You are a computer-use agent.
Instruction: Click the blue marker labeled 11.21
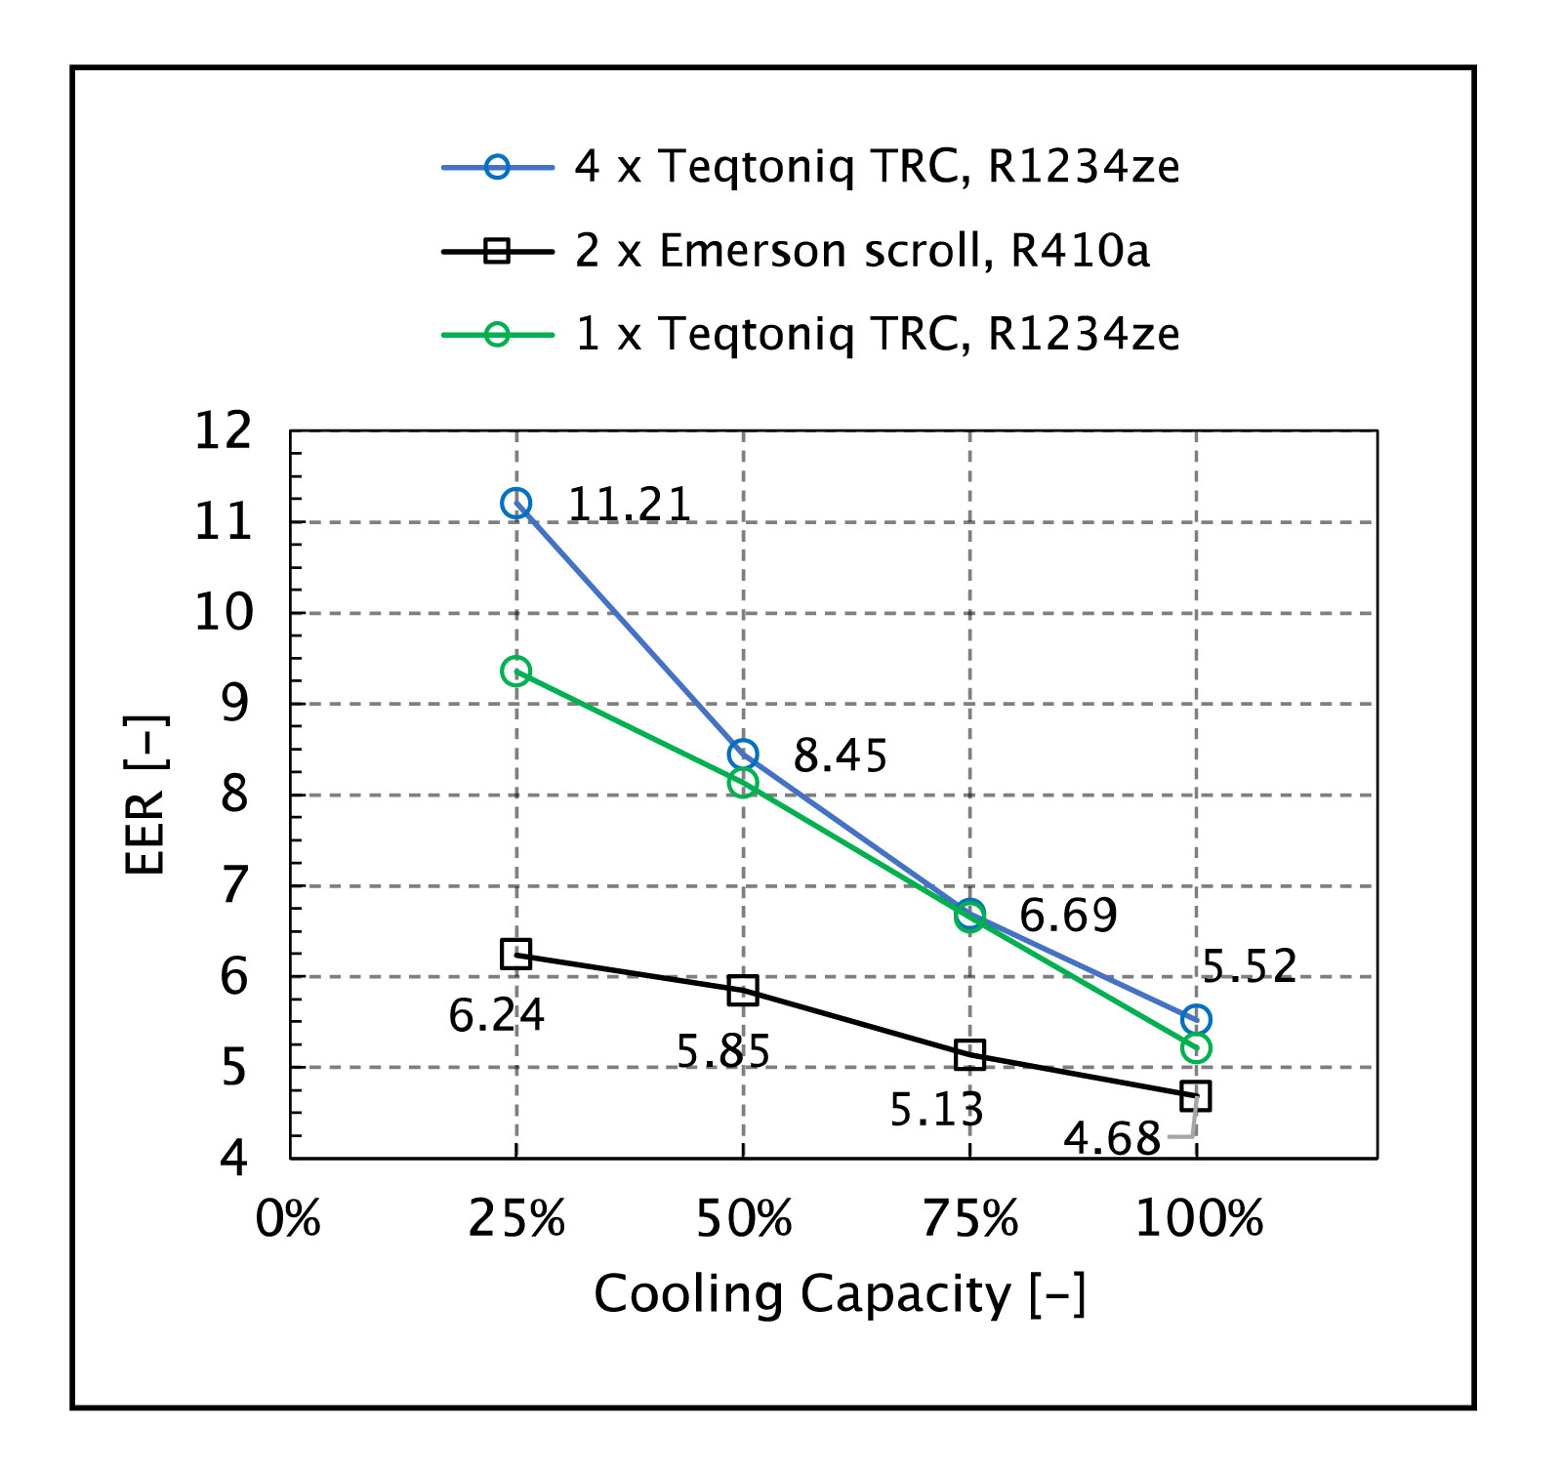point(515,504)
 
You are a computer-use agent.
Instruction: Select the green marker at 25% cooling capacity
point(515,672)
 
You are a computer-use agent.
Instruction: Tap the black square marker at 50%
point(743,991)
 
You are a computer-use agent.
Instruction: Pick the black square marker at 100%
point(1196,1096)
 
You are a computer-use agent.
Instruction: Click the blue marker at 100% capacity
point(1196,1020)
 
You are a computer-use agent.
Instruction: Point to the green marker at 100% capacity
point(1196,1048)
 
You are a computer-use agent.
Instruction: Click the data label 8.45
point(840,756)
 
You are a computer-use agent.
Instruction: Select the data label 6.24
point(496,1016)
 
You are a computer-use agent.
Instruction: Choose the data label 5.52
point(1249,966)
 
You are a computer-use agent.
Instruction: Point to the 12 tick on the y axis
point(224,430)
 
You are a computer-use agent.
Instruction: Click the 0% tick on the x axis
point(289,1220)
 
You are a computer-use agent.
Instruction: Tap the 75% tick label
point(970,1220)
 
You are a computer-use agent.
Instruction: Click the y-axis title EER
point(145,796)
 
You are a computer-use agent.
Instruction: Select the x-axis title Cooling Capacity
point(840,1295)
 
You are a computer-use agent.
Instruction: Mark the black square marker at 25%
point(515,955)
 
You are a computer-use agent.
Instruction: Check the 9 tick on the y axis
point(235,704)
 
